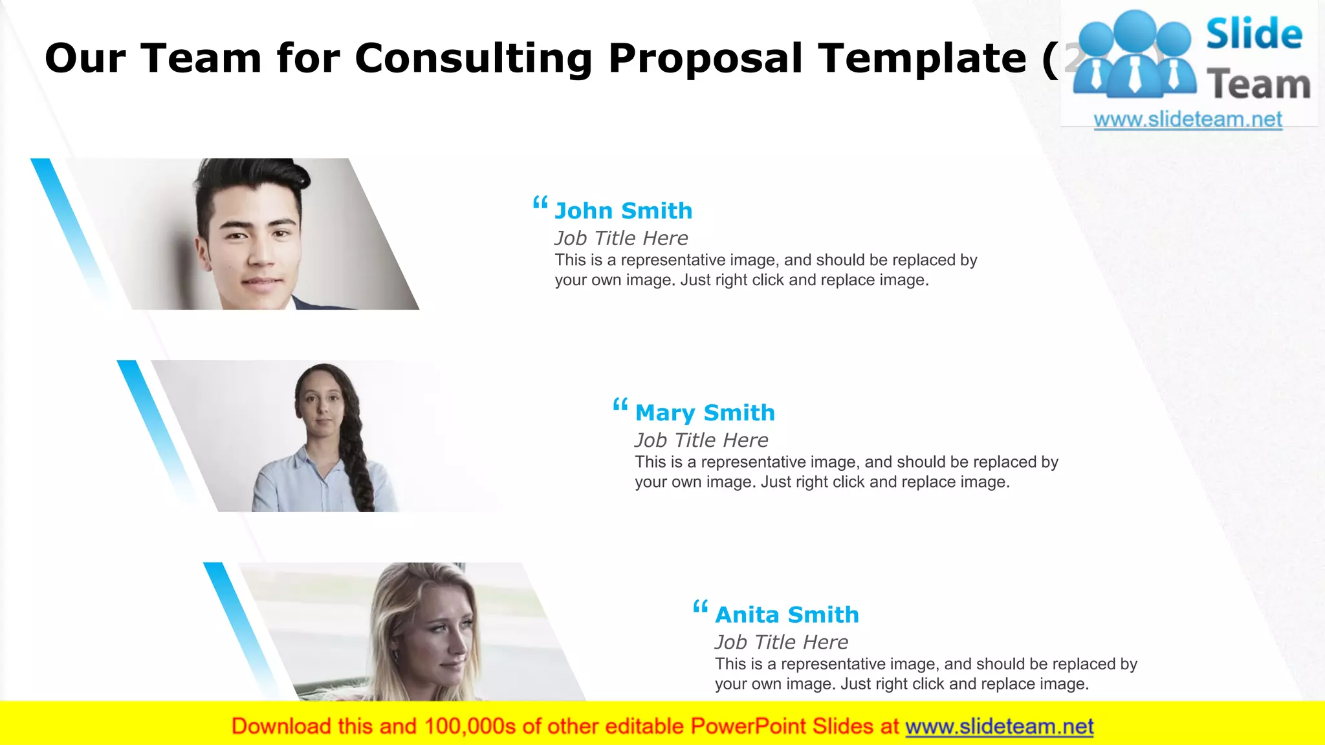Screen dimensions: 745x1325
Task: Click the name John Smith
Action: [x=623, y=211]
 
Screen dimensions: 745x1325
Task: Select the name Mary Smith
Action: [x=705, y=413]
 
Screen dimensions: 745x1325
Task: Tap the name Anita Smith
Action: [x=787, y=614]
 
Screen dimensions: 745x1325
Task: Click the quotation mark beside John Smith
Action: [x=540, y=204]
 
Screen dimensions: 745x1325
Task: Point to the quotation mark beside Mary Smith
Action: [x=620, y=405]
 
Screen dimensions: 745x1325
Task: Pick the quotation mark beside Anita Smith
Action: [x=700, y=607]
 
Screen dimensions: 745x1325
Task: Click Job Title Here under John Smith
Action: [x=621, y=238]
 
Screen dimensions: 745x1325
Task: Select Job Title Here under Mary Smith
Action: [x=701, y=440]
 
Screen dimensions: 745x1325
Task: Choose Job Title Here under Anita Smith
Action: [x=782, y=642]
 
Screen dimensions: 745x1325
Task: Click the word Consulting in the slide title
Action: [x=473, y=58]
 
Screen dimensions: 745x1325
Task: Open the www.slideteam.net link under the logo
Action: [x=1188, y=120]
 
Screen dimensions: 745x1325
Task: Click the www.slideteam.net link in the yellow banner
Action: [x=999, y=726]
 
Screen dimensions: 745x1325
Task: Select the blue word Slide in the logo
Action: [x=1254, y=34]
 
